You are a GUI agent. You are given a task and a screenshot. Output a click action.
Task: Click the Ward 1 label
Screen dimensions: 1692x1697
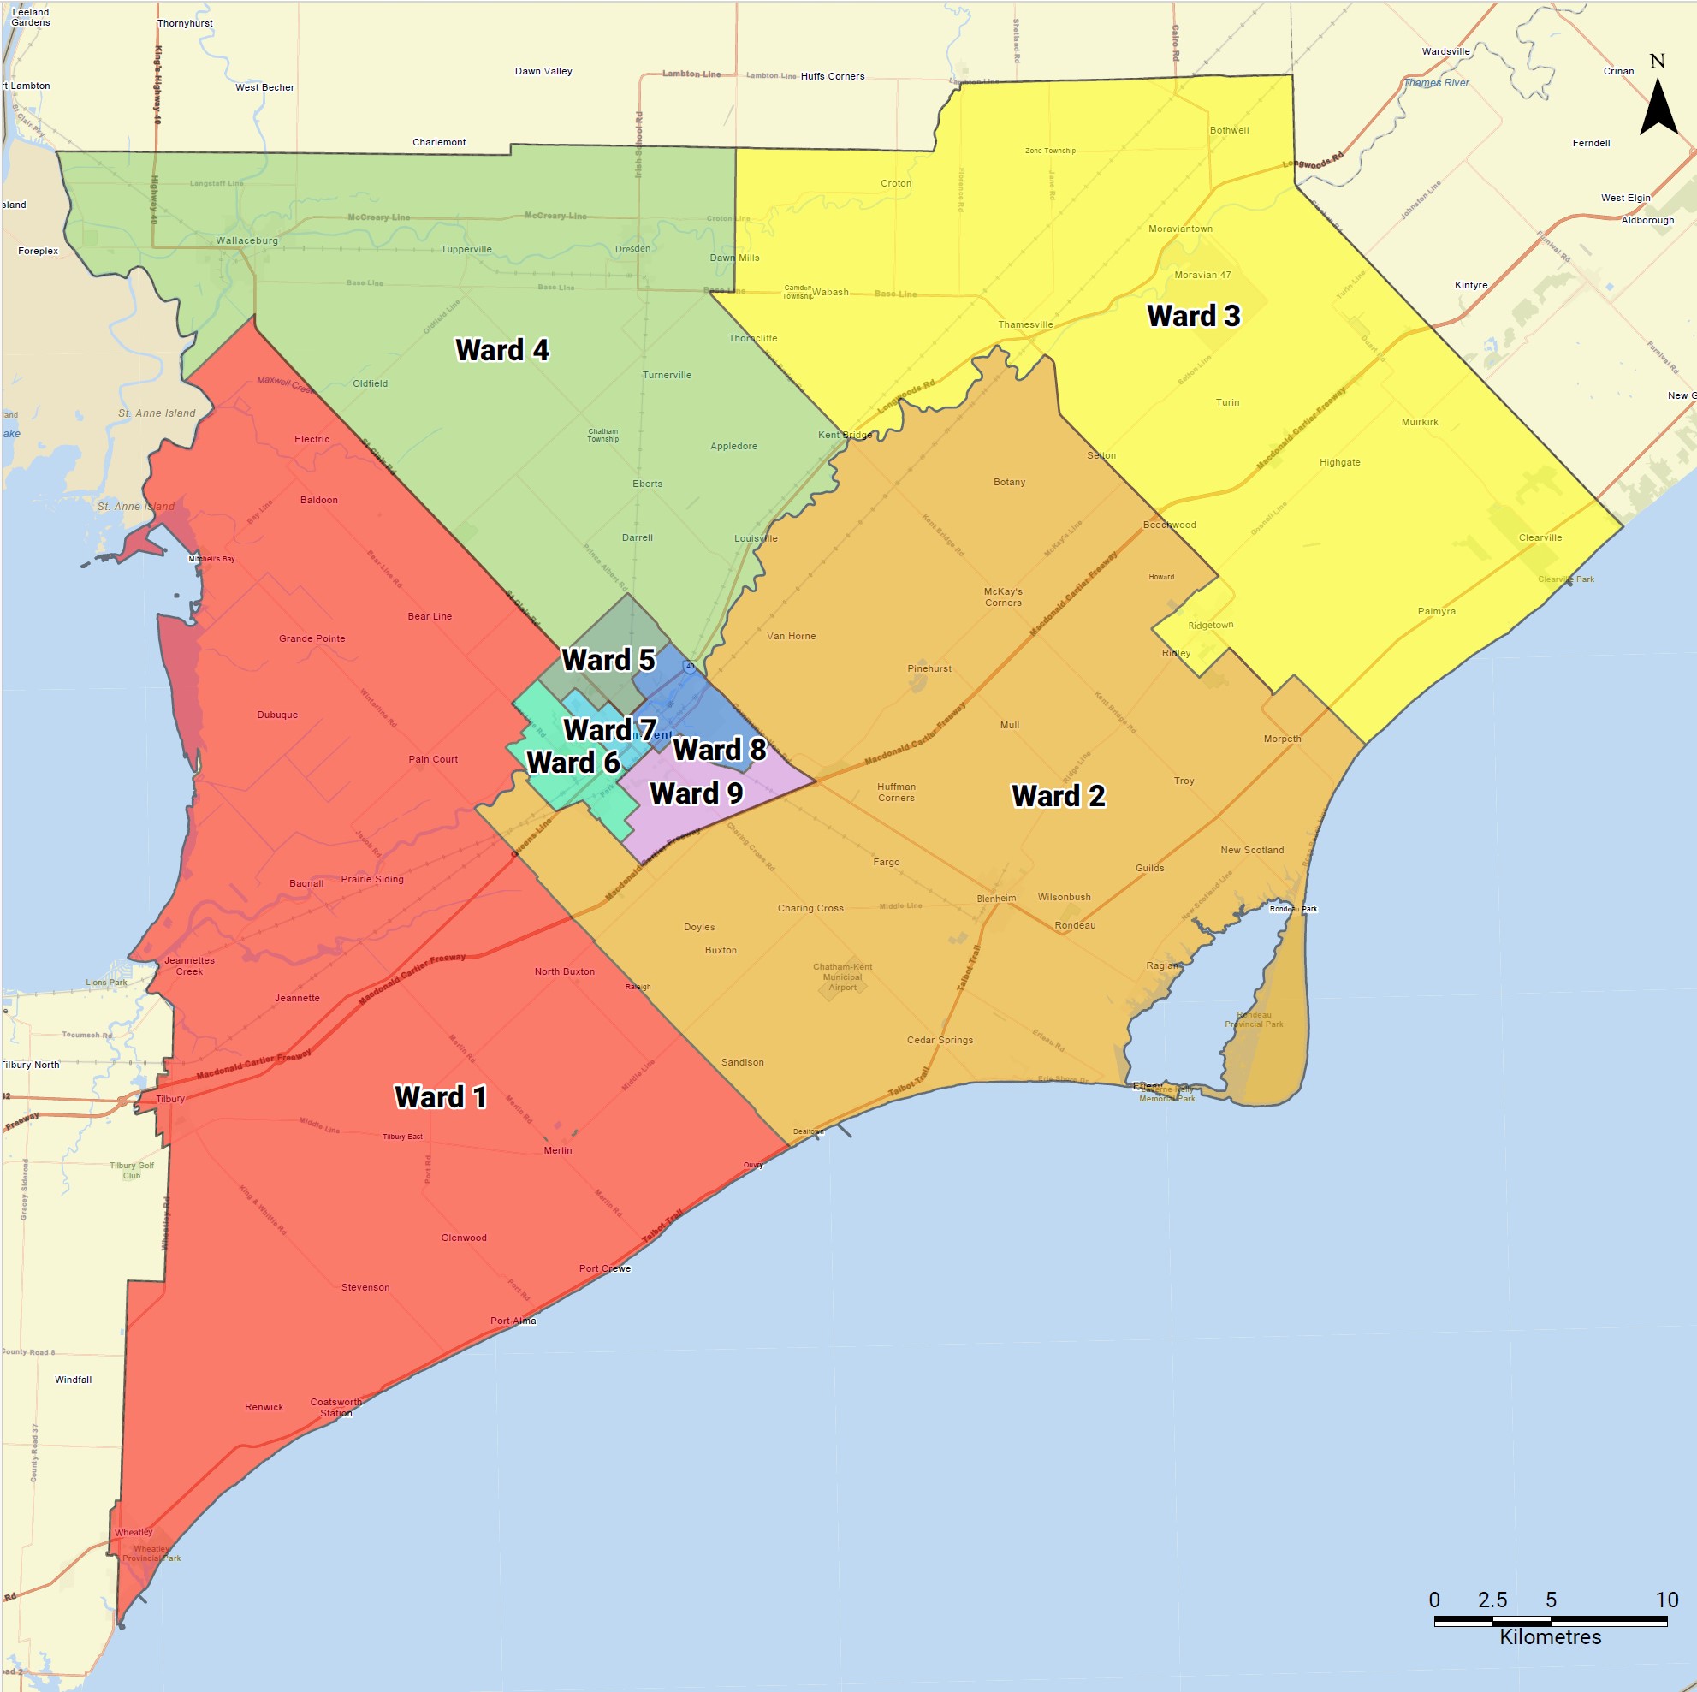440,1097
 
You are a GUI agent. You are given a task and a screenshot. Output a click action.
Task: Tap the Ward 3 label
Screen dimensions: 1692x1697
1193,317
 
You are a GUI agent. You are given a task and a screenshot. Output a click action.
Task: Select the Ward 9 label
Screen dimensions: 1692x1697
696,793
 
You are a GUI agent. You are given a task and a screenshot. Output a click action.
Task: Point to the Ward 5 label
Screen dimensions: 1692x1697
608,660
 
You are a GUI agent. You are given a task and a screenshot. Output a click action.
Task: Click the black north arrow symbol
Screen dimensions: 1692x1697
1658,108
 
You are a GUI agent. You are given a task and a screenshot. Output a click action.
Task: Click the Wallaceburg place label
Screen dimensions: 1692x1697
246,240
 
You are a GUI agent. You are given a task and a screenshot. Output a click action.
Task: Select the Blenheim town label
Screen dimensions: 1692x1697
996,899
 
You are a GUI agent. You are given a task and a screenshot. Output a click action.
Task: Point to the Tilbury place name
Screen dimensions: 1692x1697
170,1099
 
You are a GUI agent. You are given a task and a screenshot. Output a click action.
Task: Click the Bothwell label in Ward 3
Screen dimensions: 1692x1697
1229,130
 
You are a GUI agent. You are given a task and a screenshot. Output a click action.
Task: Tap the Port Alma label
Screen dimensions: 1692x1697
513,1321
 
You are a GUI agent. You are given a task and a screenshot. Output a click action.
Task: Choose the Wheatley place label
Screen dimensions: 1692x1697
134,1532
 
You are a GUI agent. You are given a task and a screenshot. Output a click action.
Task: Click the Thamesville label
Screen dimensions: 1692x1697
1025,325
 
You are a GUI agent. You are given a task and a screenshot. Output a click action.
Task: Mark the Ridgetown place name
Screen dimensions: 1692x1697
1210,626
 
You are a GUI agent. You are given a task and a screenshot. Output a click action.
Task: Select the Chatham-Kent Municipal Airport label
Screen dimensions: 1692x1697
842,977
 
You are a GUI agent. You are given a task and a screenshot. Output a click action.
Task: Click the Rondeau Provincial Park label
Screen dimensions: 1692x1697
1255,1019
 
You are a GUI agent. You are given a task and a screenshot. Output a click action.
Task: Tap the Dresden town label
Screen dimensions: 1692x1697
632,248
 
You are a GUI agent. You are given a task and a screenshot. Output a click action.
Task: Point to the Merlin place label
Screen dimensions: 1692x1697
558,1150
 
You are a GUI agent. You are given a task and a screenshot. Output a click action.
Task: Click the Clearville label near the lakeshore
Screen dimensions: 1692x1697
1540,537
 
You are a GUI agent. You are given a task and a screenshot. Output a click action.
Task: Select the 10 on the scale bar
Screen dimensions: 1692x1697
1666,1600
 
